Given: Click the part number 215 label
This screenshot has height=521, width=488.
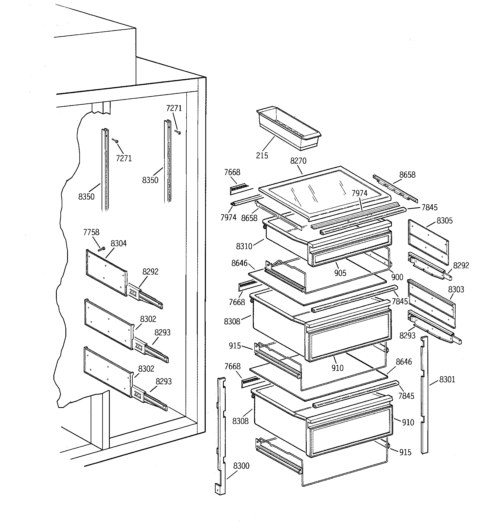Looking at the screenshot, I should (x=262, y=156).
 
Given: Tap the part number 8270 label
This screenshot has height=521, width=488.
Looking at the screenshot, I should (x=298, y=161).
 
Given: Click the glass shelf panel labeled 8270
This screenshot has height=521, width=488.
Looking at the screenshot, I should (x=322, y=191).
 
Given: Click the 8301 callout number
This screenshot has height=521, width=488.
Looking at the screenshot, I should (x=447, y=380).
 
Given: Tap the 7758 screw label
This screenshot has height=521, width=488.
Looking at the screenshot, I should (x=91, y=232).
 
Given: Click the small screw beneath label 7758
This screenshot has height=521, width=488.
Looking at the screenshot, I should (x=101, y=249).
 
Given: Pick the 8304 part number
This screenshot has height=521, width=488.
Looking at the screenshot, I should (x=118, y=244).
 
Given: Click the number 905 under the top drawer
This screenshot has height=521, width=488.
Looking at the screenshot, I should (x=340, y=273).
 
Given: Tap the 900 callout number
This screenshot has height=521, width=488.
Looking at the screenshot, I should (x=397, y=277).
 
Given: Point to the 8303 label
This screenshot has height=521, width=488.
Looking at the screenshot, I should (x=456, y=290).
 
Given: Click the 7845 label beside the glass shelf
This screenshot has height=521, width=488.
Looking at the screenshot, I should (x=429, y=208).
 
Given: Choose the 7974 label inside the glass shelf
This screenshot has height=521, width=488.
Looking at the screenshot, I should (x=359, y=193).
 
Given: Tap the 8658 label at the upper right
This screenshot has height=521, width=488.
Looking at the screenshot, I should (x=407, y=175).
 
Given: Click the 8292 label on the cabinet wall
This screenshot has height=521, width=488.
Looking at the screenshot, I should (x=150, y=272).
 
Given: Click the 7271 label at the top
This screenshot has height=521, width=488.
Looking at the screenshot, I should (x=174, y=108).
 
